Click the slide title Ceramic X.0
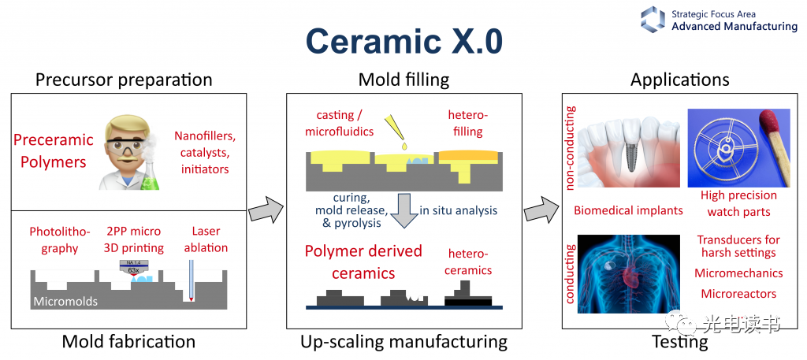point(403,41)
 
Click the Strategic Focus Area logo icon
point(653,19)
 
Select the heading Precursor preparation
point(124,80)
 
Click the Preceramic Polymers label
point(54,150)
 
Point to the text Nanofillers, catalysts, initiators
point(204,153)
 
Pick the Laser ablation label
point(206,239)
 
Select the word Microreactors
point(738,294)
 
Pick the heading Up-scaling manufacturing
point(403,341)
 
